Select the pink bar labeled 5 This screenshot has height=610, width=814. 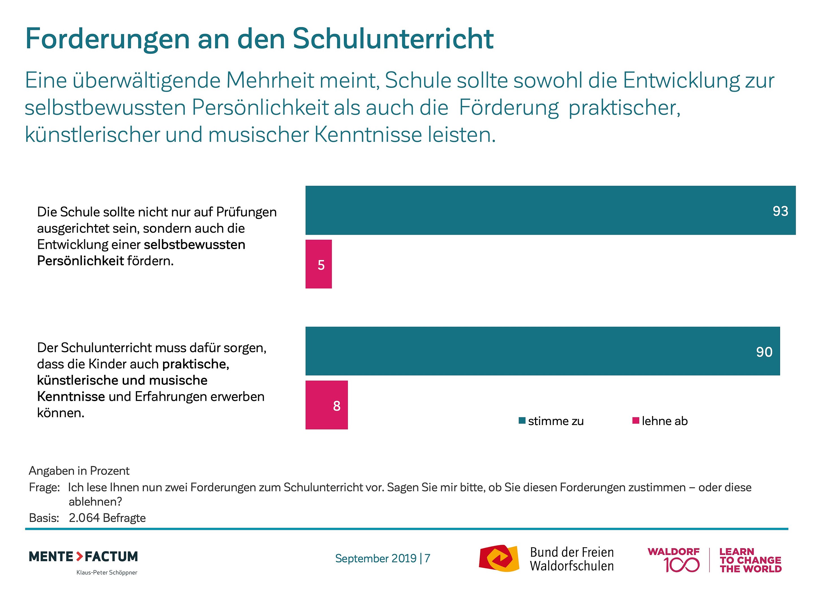coord(319,264)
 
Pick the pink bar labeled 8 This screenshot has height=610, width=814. coord(326,405)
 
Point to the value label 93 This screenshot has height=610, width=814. coord(780,211)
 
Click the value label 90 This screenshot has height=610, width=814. coord(764,352)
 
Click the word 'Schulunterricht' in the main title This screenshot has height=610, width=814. coord(393,39)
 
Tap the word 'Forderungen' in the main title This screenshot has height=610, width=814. coord(107,39)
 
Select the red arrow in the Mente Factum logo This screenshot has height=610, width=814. coord(79,556)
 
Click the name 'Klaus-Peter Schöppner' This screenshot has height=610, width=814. coord(107,572)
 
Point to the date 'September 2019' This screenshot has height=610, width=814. coord(376,558)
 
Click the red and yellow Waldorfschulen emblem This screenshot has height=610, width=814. coord(499,558)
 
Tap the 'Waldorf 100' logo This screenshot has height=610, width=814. coord(674,560)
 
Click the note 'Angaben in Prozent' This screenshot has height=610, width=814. coord(79,471)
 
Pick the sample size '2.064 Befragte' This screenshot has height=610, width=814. coord(107,518)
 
